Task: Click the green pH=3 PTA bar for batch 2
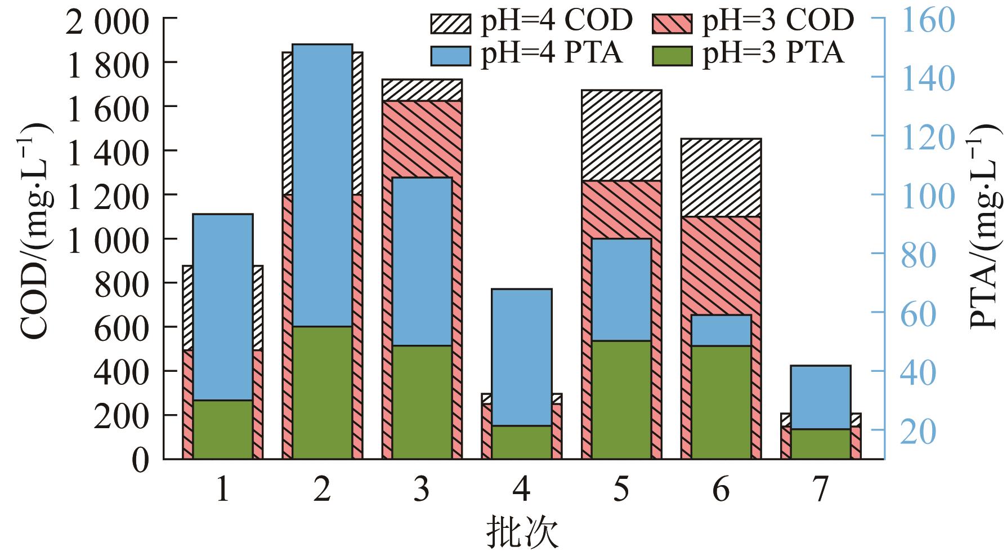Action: click(323, 392)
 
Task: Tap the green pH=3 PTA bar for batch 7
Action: click(821, 444)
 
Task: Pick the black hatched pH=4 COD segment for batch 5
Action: click(621, 135)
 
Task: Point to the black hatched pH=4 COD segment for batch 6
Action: click(721, 177)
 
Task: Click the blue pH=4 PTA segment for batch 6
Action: click(721, 330)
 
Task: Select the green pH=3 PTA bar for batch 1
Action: click(223, 429)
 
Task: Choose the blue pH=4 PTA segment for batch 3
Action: click(422, 261)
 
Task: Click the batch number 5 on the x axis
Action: click(621, 490)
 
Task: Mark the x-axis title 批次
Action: click(522, 532)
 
